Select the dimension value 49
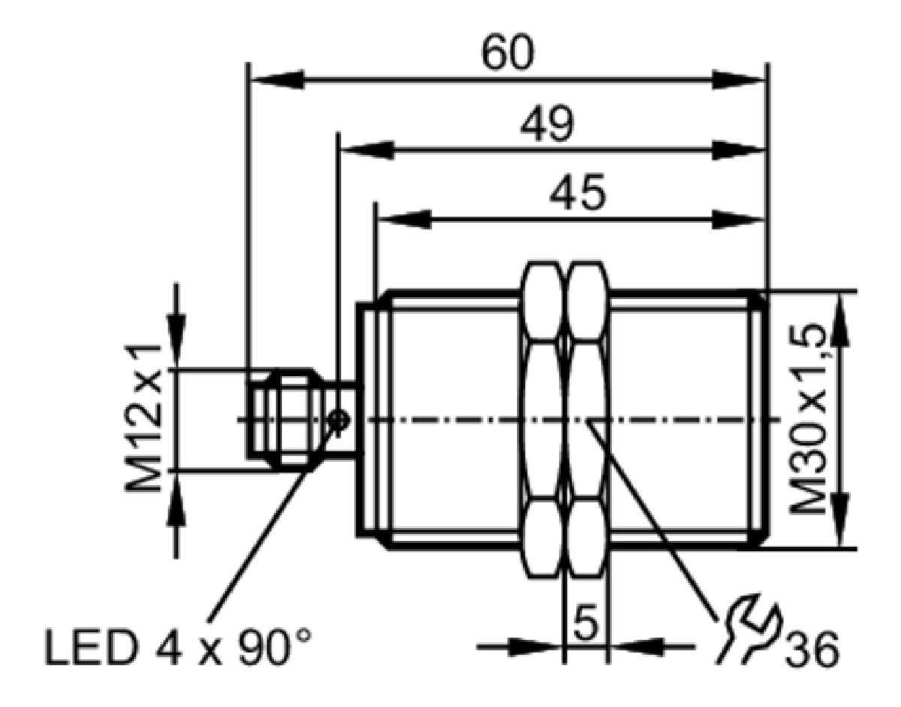coord(547,125)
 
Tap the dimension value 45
coord(578,194)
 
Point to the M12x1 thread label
coord(143,419)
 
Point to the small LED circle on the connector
coord(339,421)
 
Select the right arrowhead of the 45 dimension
coord(737,219)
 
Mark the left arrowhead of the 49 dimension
coord(367,150)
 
